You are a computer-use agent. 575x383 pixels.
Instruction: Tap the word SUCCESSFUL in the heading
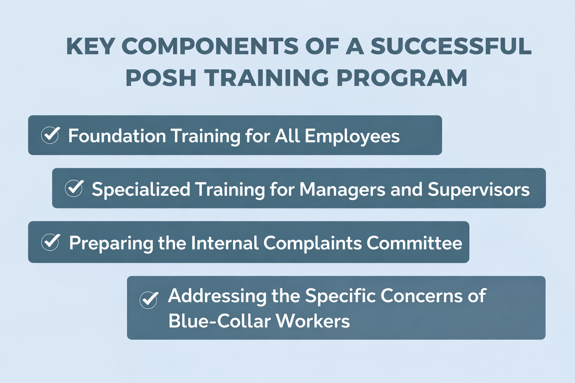[x=451, y=46]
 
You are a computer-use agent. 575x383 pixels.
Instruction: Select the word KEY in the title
[x=90, y=46]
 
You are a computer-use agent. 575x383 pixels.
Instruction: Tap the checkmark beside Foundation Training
[x=50, y=135]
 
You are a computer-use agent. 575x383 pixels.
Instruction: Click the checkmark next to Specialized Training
[x=74, y=188]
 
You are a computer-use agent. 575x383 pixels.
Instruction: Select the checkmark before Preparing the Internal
[x=50, y=242]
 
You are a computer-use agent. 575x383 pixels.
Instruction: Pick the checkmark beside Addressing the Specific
[x=149, y=300]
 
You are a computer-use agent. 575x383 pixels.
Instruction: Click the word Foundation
[x=117, y=135]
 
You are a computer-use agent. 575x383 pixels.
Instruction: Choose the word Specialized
[x=141, y=190]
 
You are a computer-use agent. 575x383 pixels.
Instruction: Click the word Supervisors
[x=479, y=190]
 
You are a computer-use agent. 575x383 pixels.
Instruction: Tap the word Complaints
[x=313, y=243]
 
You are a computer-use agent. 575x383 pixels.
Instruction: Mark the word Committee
[x=414, y=243]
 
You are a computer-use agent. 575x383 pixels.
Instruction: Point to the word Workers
[x=313, y=321]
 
